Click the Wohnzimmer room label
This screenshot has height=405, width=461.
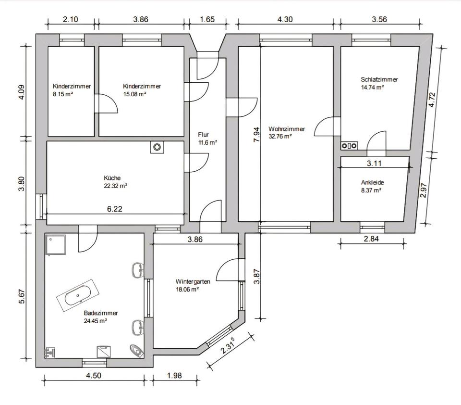(x=287, y=129)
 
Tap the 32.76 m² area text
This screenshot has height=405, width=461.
(x=280, y=137)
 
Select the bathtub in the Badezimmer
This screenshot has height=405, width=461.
(x=78, y=295)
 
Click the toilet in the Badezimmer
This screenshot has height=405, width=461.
(x=136, y=351)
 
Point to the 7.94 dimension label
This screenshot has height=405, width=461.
(x=256, y=135)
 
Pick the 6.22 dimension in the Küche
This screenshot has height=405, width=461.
(x=114, y=209)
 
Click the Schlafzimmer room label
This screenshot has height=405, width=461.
(x=379, y=79)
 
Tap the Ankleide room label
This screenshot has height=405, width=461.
(x=373, y=183)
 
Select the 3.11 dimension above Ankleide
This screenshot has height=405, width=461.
(x=374, y=163)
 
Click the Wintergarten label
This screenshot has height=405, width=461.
(x=193, y=281)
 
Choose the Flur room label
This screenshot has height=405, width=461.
(x=204, y=135)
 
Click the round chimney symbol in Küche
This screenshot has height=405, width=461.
(x=158, y=147)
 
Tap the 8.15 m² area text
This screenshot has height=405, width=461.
(x=63, y=94)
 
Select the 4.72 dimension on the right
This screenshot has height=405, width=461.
(x=432, y=100)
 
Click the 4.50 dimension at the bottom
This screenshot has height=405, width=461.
(x=94, y=376)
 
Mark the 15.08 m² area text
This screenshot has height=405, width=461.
(x=134, y=94)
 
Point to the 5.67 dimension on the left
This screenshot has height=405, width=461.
(x=22, y=296)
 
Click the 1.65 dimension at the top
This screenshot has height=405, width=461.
(x=207, y=19)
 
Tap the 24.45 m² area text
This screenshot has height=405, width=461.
(x=95, y=321)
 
